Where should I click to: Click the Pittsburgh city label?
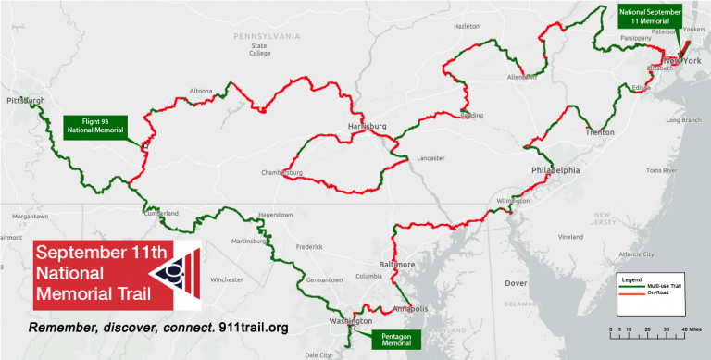pyautogui.click(x=25, y=100)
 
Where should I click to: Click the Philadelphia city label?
pyautogui.click(x=555, y=171)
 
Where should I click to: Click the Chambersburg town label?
pyautogui.click(x=283, y=172)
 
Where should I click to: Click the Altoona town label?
pyautogui.click(x=201, y=91)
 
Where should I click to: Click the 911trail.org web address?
pyautogui.click(x=256, y=329)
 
